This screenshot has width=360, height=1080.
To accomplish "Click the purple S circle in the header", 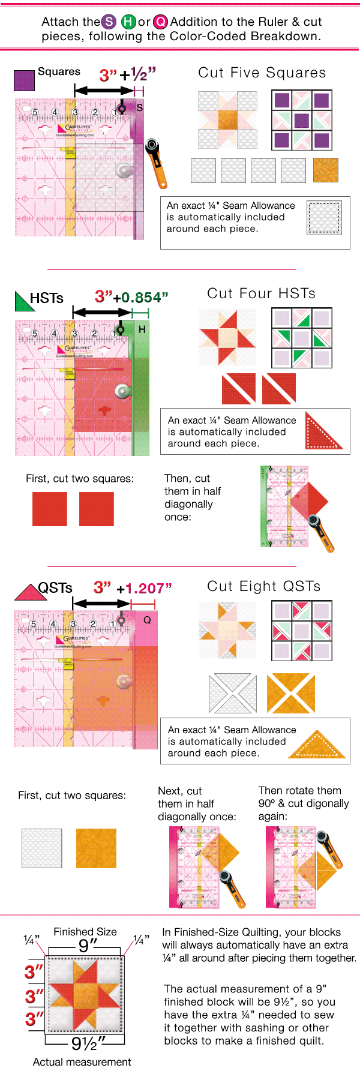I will [109, 22].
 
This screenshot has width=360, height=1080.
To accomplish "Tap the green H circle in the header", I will [128, 22].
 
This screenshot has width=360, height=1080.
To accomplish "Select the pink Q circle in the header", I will [161, 22].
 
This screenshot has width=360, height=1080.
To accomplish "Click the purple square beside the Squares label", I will [24, 80].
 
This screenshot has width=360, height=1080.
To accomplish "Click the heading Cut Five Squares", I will [262, 73].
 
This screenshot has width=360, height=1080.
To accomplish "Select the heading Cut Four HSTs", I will [261, 293].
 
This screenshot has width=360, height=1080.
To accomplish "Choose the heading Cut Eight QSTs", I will [263, 586].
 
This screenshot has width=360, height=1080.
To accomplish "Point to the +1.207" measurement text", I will [144, 589].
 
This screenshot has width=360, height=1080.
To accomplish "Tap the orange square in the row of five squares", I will [326, 170].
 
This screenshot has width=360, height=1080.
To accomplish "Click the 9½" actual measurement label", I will [89, 1043].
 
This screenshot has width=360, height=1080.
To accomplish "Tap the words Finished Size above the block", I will [85, 932].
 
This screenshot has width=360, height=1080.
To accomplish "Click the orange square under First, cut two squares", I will [96, 848].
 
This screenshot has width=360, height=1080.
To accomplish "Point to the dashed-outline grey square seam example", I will [324, 217].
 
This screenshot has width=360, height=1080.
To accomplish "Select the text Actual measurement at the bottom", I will [82, 1062].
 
